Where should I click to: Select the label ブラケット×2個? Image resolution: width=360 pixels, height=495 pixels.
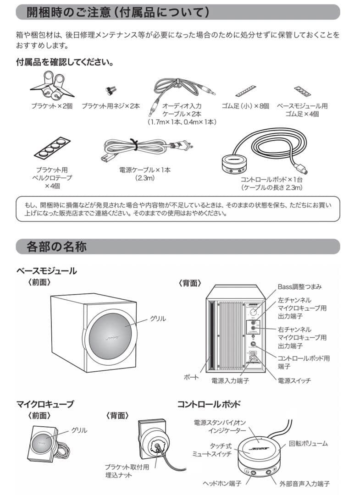52,106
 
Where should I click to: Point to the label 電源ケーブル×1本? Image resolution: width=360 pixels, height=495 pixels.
144,170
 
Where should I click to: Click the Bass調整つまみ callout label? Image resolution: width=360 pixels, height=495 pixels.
299,286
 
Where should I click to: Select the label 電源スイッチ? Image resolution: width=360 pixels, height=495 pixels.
294,380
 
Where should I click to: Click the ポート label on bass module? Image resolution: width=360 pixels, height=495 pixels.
192,377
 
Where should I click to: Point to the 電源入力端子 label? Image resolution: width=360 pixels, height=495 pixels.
230,380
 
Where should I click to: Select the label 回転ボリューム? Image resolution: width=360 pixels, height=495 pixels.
308,444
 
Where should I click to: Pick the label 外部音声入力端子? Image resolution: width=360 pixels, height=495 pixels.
305,484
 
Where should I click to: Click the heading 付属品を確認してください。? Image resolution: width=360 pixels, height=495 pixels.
65,61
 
